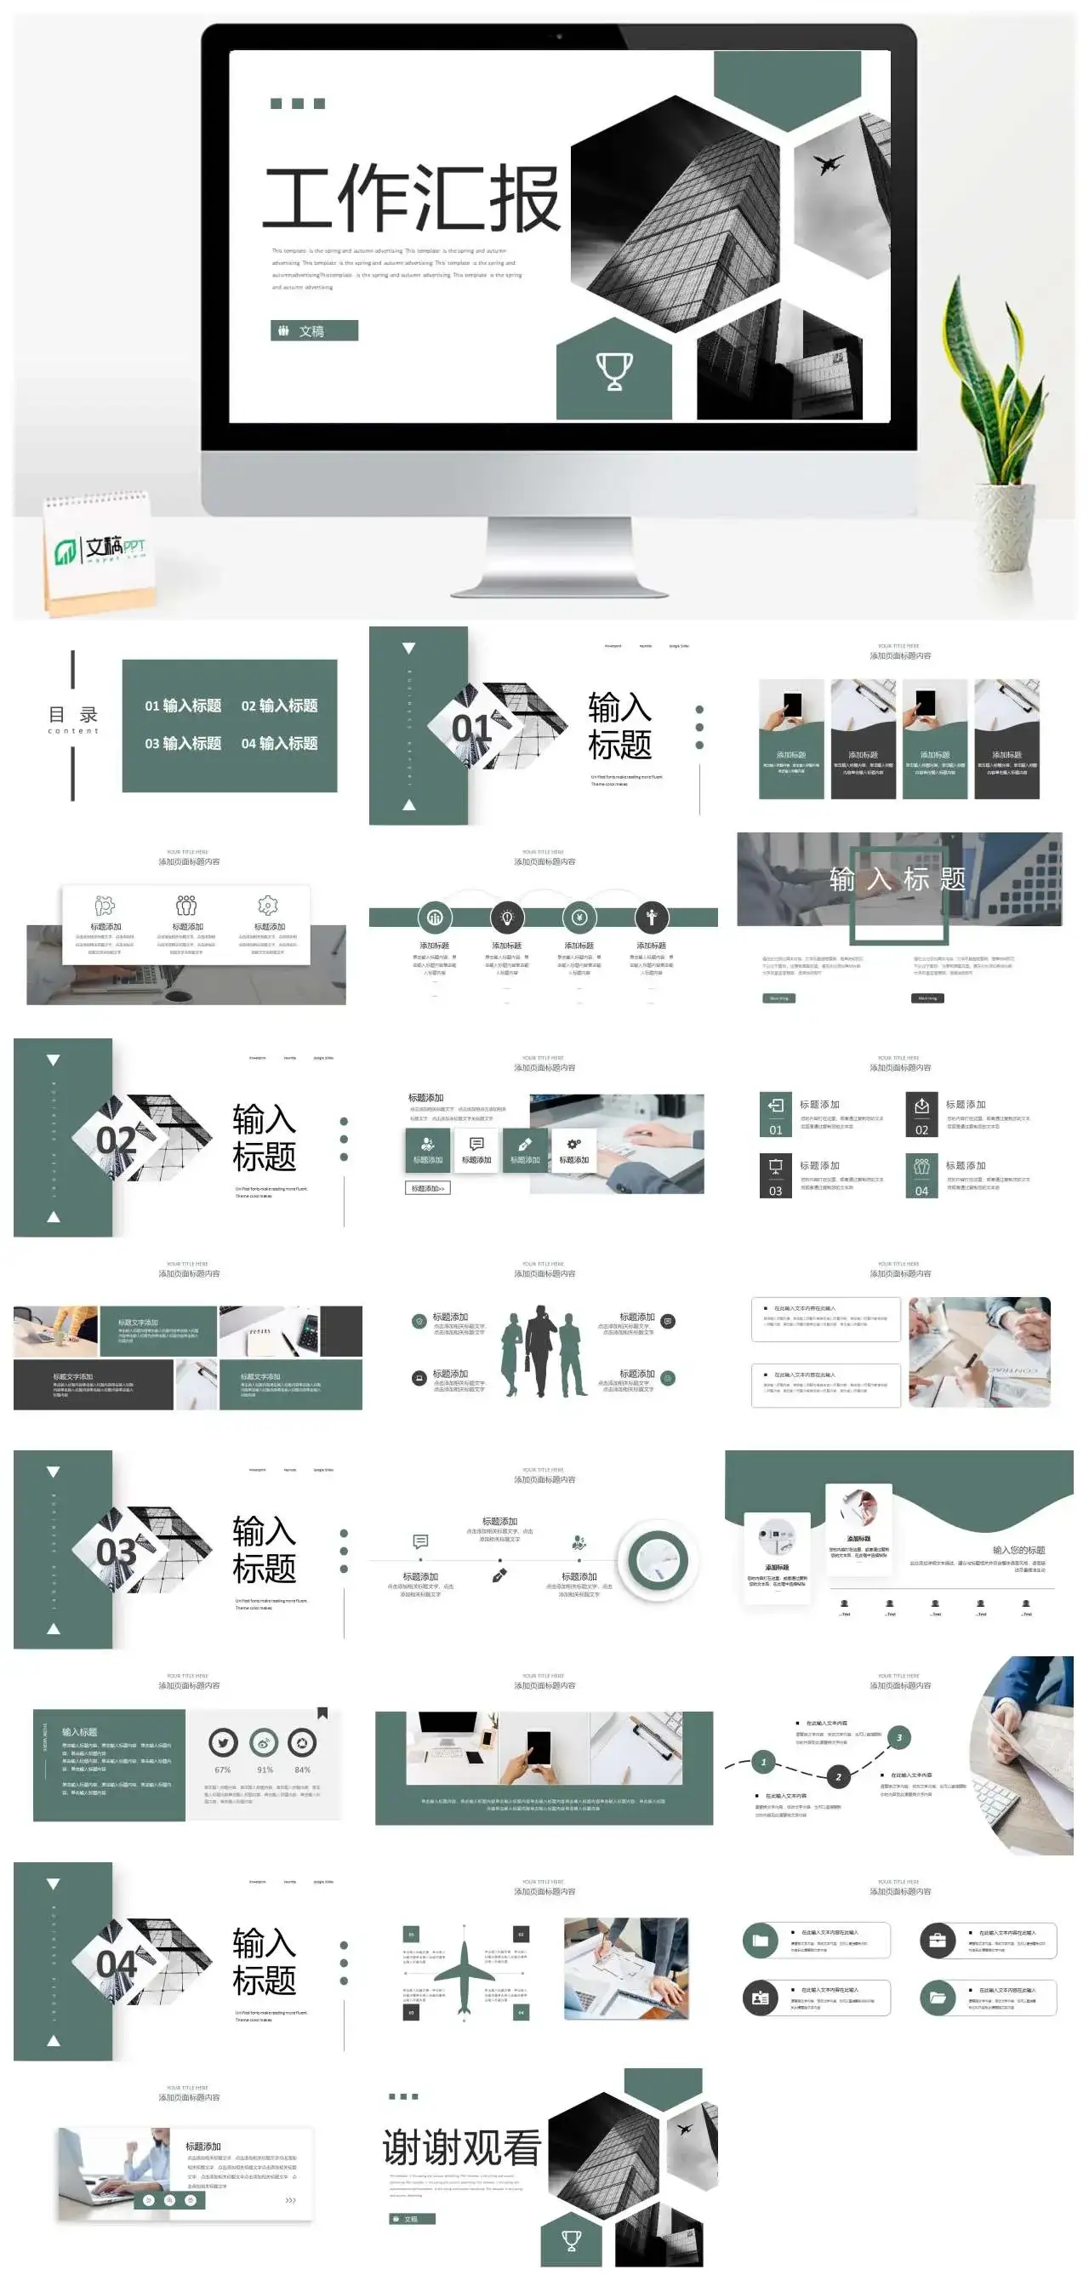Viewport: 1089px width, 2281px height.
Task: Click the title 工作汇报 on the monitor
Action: tap(412, 197)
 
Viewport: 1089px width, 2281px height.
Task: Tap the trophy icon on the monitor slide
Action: tap(613, 370)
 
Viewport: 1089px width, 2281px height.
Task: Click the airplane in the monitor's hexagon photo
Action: tap(827, 163)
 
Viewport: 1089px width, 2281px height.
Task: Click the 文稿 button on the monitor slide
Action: tap(313, 330)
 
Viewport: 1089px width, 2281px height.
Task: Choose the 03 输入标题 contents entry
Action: tap(182, 743)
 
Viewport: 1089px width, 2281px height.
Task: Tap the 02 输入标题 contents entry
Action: tap(279, 706)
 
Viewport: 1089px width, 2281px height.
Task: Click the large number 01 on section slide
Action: tap(470, 728)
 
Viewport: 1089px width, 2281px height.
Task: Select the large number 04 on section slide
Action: tap(116, 1965)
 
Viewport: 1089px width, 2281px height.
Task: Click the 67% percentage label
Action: tap(222, 1769)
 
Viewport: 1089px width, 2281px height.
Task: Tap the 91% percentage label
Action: tap(265, 1769)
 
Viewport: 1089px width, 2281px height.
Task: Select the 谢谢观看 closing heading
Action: tap(461, 2148)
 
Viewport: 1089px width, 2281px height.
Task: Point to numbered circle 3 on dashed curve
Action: tap(898, 1737)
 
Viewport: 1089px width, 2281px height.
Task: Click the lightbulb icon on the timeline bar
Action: tap(507, 918)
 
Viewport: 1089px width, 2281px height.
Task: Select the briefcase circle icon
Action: tap(937, 1941)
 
